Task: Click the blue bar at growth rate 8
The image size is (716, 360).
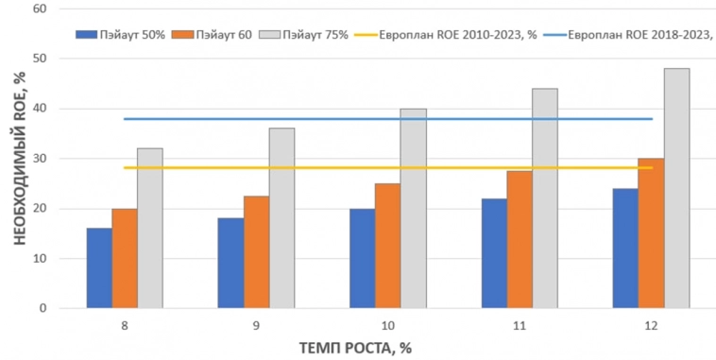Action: [99, 268]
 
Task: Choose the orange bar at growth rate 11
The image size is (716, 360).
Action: [520, 239]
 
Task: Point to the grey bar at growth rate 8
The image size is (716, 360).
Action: [150, 228]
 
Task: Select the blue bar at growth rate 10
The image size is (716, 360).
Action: [362, 258]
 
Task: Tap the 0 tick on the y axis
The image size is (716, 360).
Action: [43, 308]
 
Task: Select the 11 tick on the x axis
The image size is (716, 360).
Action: [518, 324]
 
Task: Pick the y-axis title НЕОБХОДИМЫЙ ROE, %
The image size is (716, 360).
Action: [19, 161]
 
